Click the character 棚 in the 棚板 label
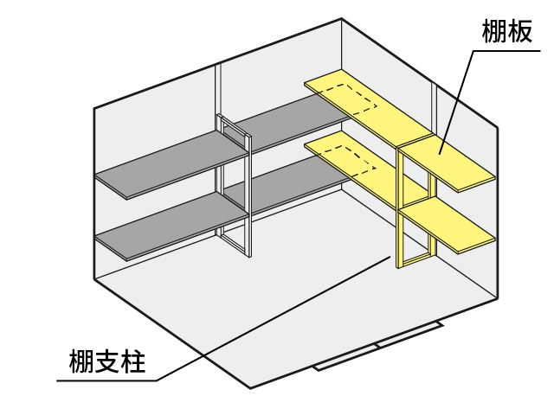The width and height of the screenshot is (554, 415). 494,31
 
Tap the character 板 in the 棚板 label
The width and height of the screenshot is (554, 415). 519,31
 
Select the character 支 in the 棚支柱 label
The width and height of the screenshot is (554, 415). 107,361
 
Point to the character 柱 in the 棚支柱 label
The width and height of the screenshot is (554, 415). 132,361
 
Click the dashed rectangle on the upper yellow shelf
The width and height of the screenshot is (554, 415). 348,99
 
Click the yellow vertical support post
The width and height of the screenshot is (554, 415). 400,208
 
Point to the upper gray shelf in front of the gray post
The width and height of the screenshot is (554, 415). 172,164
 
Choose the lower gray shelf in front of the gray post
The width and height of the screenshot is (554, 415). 172,226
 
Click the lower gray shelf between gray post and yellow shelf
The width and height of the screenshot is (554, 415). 293,184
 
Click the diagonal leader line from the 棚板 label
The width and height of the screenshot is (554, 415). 456,102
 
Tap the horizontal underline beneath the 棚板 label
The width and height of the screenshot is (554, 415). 507,51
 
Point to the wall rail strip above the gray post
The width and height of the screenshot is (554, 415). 218,89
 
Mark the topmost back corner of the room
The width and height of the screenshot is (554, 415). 341,18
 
